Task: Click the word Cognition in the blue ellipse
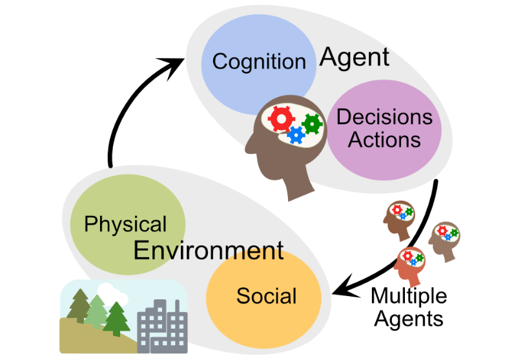tap(258, 61)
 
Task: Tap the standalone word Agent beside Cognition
tap(355, 58)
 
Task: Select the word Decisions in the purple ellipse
tap(384, 117)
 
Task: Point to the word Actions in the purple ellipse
tap(384, 139)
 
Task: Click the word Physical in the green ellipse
tap(125, 224)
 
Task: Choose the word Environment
tap(209, 250)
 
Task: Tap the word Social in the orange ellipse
tap(266, 296)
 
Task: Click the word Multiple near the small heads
tap(408, 296)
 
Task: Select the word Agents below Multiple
tap(409, 318)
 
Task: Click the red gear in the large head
tap(282, 119)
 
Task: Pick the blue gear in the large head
tap(296, 134)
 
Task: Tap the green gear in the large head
tap(313, 122)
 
